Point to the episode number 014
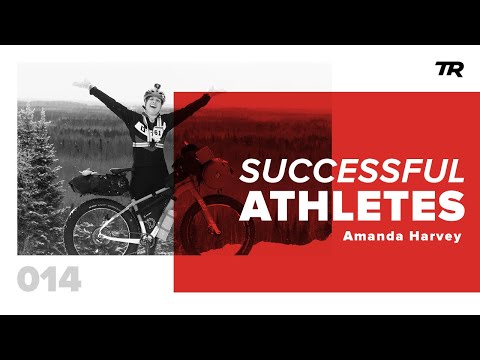click(49, 280)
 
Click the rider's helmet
click(153, 94)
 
